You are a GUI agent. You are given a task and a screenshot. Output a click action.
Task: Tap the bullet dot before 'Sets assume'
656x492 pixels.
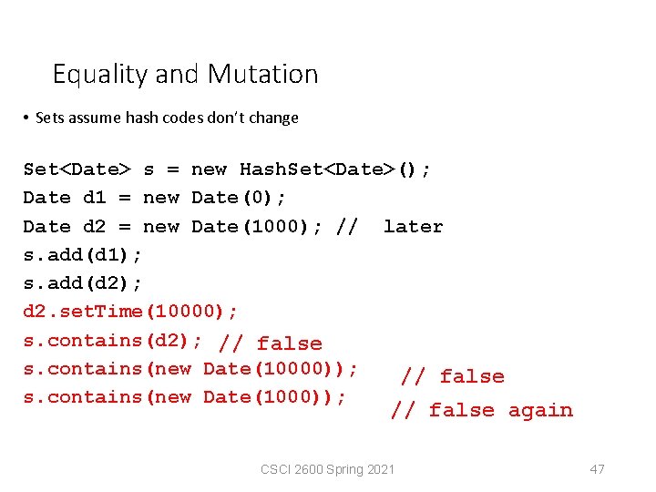27,118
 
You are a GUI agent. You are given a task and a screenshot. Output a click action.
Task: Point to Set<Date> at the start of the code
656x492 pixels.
77,169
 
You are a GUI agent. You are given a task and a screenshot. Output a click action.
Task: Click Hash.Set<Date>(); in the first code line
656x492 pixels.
335,169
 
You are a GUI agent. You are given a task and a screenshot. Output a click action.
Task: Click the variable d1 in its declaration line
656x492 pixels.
95,198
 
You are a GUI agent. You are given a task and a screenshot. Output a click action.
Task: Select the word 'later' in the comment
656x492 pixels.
413,227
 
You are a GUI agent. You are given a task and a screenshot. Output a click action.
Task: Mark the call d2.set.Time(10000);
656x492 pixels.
130,312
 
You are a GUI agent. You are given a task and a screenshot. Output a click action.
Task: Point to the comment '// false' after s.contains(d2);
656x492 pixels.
271,343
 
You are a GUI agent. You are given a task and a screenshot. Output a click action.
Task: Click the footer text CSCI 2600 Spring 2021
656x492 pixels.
327,469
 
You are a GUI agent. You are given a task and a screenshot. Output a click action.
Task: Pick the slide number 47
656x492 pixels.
597,469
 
